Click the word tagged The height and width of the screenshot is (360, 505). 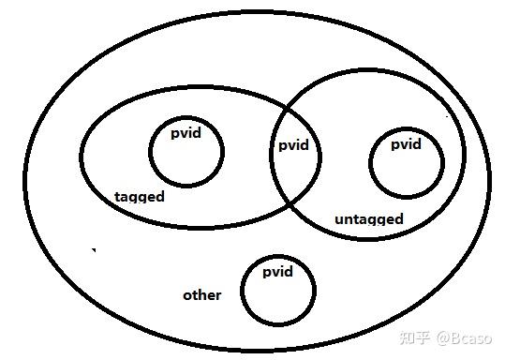click(x=139, y=197)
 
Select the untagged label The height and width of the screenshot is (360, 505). click(x=368, y=219)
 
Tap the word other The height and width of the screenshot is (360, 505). click(x=201, y=295)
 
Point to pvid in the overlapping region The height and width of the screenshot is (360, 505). click(x=293, y=146)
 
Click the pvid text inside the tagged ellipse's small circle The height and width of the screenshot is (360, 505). click(x=186, y=133)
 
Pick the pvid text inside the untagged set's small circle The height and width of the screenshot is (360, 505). click(x=406, y=144)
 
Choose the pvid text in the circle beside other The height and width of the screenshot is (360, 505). click(x=277, y=272)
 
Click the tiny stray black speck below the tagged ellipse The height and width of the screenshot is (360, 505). click(x=93, y=249)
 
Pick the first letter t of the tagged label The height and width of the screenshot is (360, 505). click(x=116, y=197)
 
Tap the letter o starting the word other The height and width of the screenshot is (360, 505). click(x=186, y=296)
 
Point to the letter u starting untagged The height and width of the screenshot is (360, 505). click(x=339, y=220)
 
